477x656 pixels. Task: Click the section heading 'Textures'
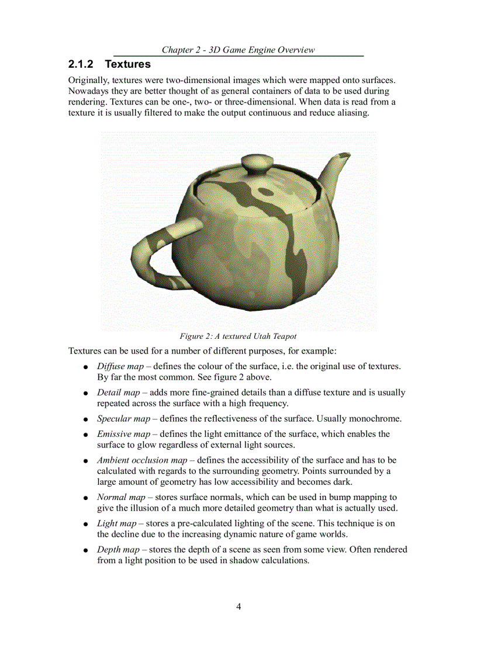pyautogui.click(x=127, y=64)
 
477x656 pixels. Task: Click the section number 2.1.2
pyautogui.click(x=82, y=64)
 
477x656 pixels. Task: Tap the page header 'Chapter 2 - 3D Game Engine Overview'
pyautogui.click(x=238, y=50)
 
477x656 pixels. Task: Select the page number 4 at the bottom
pyautogui.click(x=238, y=606)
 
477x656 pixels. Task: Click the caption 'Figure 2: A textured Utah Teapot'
pyautogui.click(x=238, y=336)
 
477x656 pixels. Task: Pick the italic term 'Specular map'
pyautogui.click(x=123, y=419)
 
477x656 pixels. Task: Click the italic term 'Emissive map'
pyautogui.click(x=123, y=434)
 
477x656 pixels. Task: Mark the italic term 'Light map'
pyautogui.click(x=116, y=523)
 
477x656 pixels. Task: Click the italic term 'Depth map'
pyautogui.click(x=118, y=550)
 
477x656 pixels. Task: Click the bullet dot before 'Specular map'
pyautogui.click(x=85, y=420)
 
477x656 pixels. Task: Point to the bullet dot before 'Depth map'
pyautogui.click(x=85, y=551)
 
